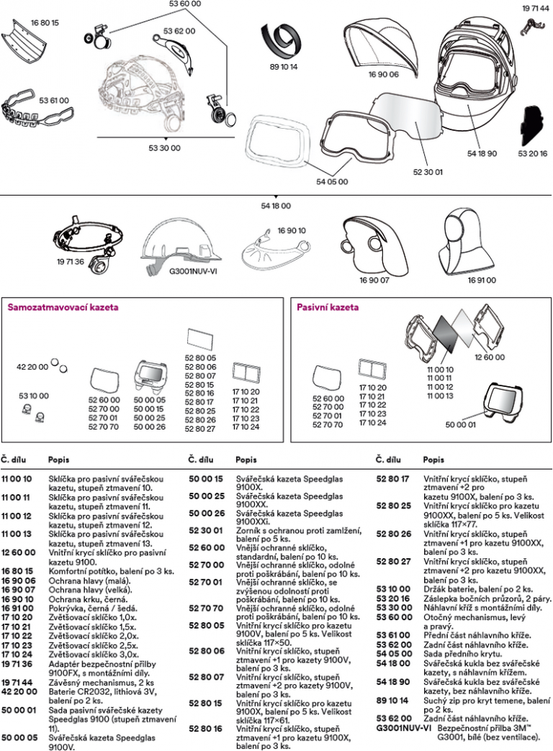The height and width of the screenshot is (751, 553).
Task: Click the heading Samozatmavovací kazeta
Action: pyautogui.click(x=63, y=307)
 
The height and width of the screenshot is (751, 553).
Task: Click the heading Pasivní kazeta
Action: pyautogui.click(x=328, y=307)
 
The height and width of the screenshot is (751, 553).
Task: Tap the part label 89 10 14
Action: pyautogui.click(x=283, y=67)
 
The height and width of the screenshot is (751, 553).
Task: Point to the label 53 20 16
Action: pyautogui.click(x=532, y=153)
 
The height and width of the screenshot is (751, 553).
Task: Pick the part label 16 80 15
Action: pyautogui.click(x=45, y=23)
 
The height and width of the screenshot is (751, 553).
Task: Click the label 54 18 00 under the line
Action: pyautogui.click(x=276, y=206)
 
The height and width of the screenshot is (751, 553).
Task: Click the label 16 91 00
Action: pyautogui.click(x=481, y=281)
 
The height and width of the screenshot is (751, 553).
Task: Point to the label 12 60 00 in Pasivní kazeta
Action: pyautogui.click(x=490, y=357)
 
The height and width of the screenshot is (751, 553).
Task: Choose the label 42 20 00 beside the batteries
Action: pyautogui.click(x=32, y=367)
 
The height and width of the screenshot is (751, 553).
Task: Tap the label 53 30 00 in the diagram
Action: pyautogui.click(x=165, y=148)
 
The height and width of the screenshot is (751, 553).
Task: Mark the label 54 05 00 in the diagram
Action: pyautogui.click(x=331, y=182)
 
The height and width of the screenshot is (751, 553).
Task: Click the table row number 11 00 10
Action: pyautogui.click(x=16, y=478)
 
